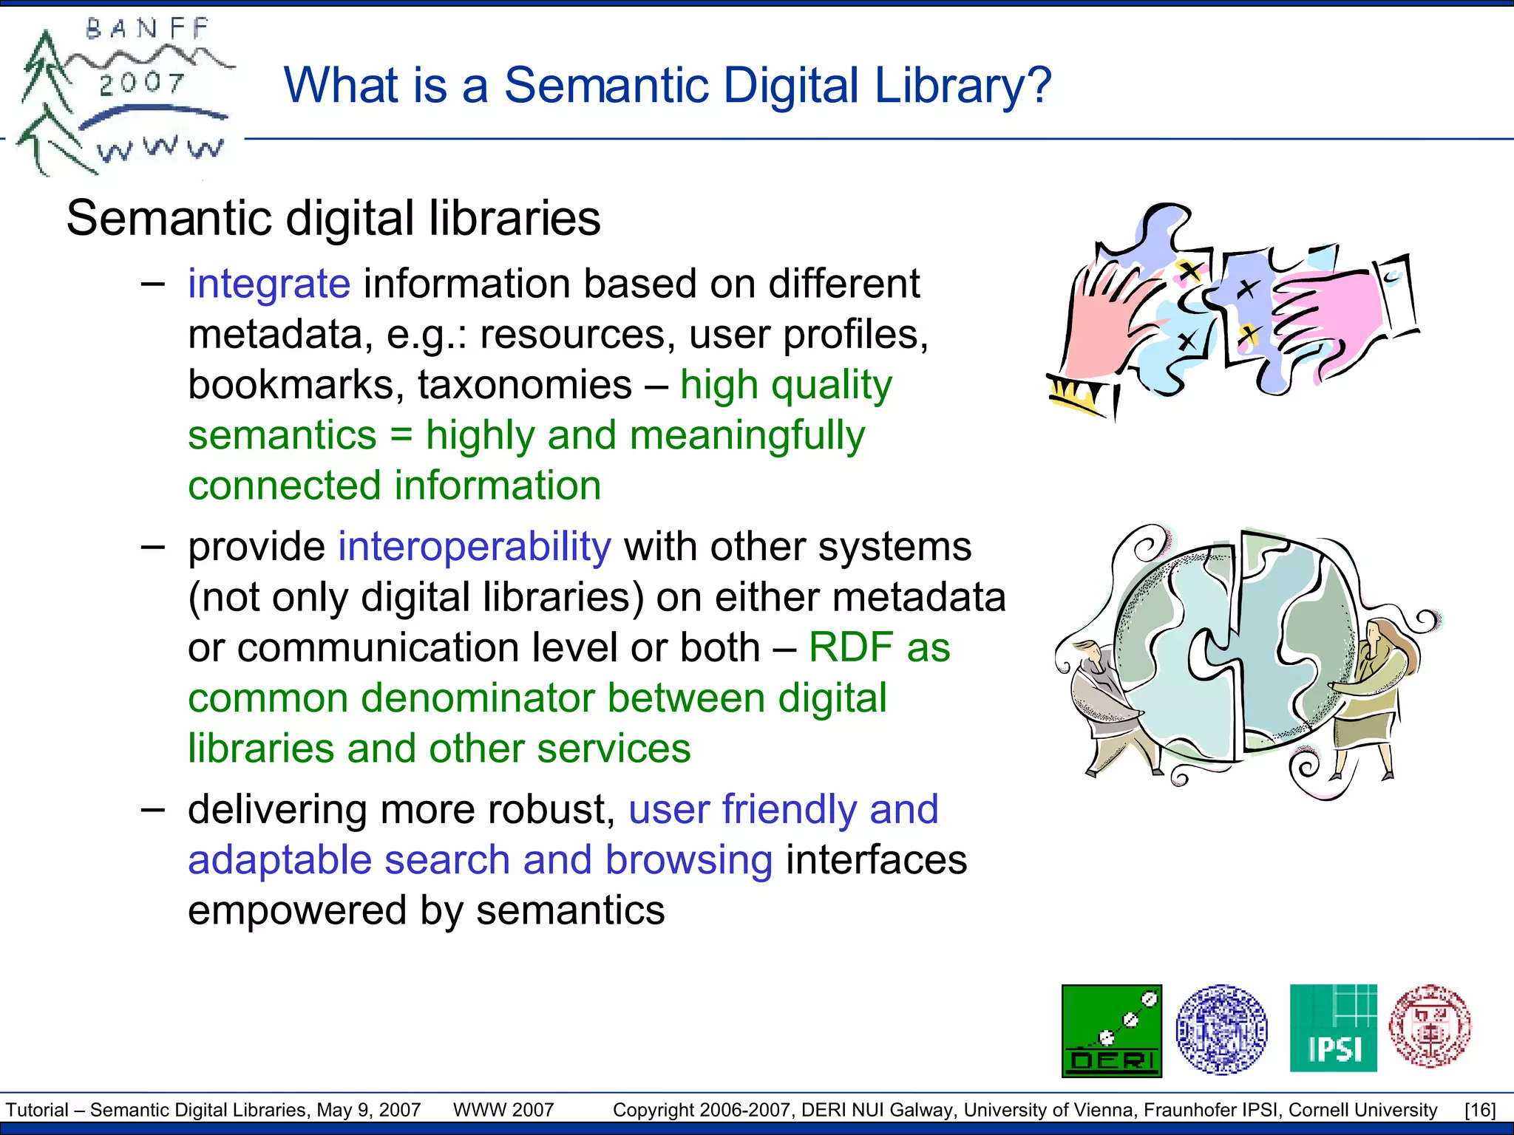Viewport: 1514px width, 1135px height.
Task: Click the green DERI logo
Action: [x=1111, y=1030]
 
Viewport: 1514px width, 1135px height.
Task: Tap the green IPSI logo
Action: [x=1333, y=1028]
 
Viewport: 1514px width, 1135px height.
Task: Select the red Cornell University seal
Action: [x=1430, y=1026]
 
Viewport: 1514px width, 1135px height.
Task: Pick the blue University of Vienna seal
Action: [x=1221, y=1029]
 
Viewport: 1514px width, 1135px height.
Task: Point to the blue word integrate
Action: [x=269, y=284]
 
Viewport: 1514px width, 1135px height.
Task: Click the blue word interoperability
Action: [x=475, y=547]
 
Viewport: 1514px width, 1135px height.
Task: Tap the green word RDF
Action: [x=851, y=647]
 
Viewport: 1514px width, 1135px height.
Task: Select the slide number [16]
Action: [x=1480, y=1110]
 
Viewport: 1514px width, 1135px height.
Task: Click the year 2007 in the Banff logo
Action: [x=141, y=83]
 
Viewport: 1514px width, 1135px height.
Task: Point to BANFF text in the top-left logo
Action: [x=148, y=30]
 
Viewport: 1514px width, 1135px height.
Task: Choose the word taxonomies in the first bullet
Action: [x=525, y=385]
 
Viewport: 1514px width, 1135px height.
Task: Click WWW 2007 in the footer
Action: [x=503, y=1110]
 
